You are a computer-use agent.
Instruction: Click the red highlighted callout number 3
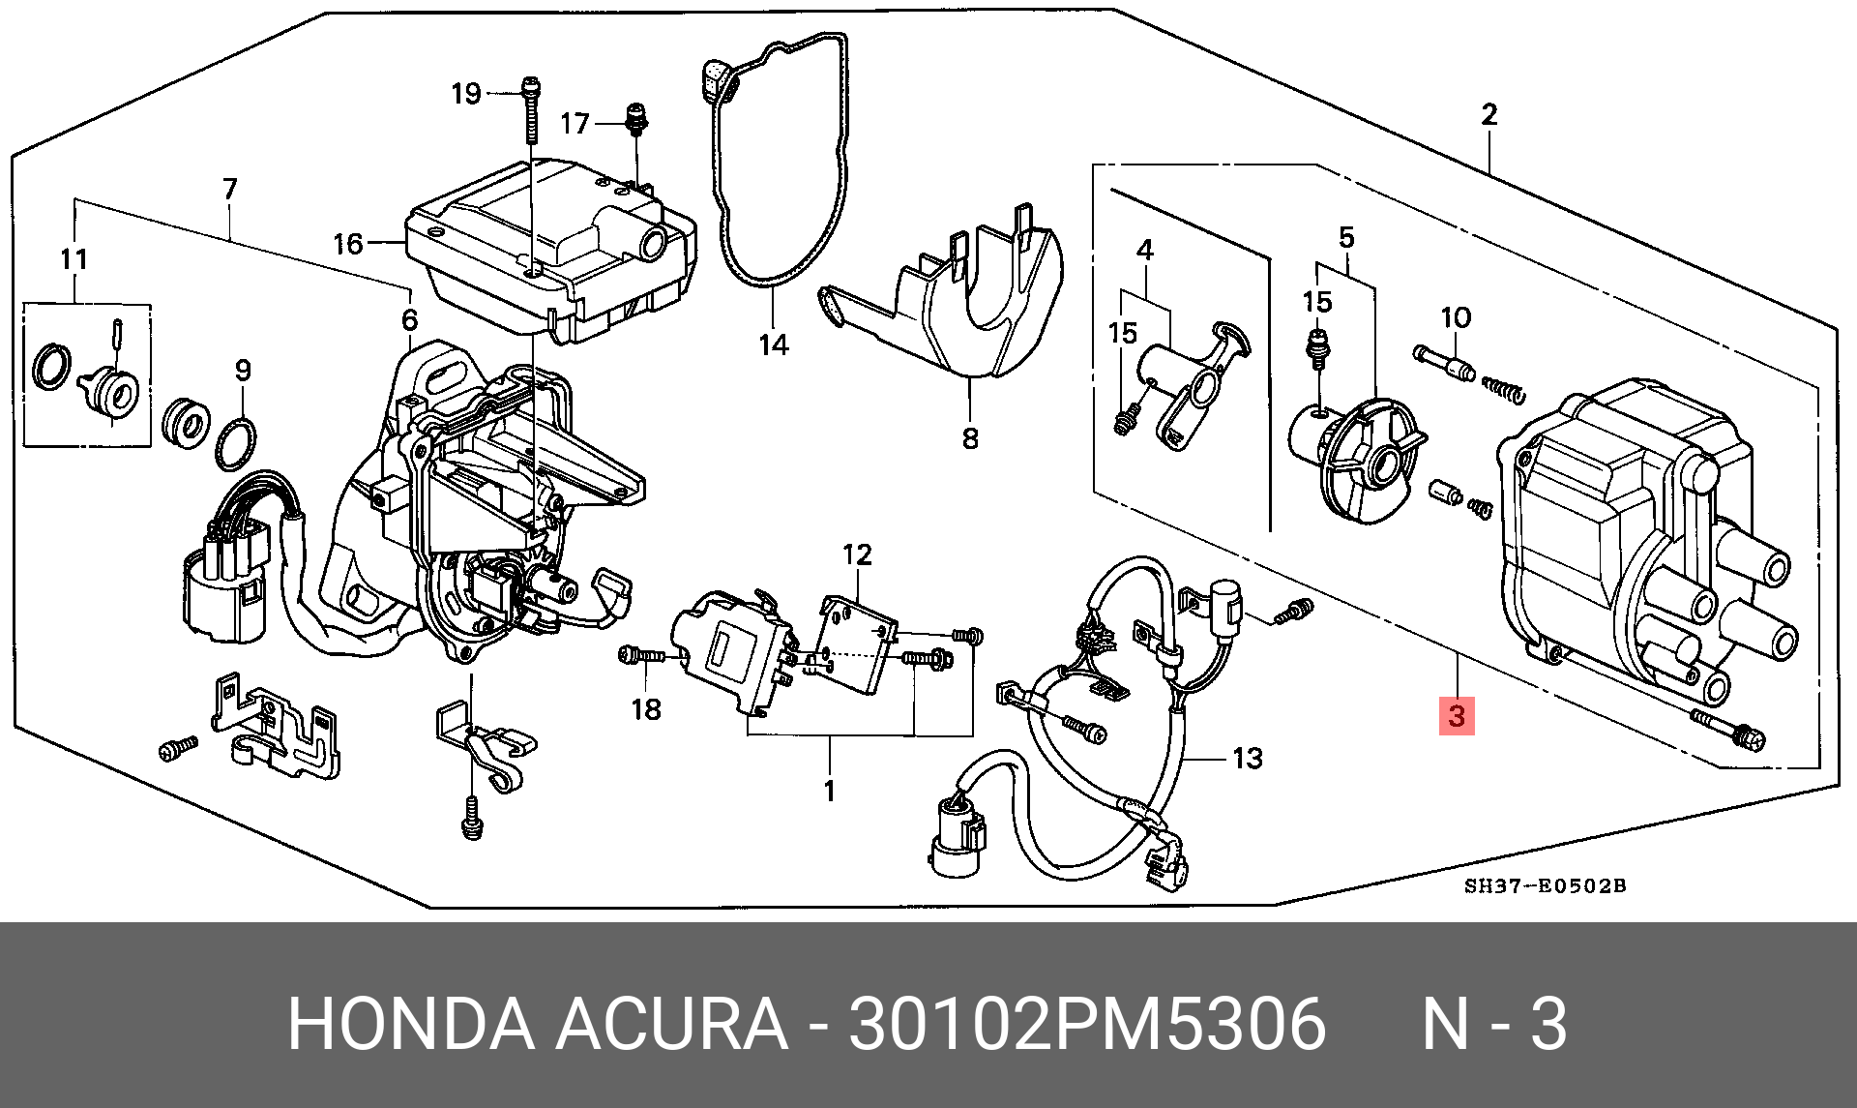click(x=1457, y=717)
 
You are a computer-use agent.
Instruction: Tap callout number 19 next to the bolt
click(x=466, y=94)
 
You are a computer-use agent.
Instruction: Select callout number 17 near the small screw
click(x=575, y=124)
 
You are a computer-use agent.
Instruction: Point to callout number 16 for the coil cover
click(x=347, y=243)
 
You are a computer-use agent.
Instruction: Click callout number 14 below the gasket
click(x=774, y=344)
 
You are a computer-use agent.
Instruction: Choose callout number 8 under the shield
click(x=970, y=438)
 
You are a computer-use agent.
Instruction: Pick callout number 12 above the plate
click(x=857, y=554)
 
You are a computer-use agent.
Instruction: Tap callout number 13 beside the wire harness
click(x=1248, y=758)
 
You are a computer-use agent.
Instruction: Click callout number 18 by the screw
click(x=646, y=709)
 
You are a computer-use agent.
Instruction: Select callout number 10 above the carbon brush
click(x=1455, y=317)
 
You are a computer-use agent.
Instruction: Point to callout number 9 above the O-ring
click(x=242, y=370)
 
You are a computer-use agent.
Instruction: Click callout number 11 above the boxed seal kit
click(x=74, y=259)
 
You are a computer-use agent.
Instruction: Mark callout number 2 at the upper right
click(x=1489, y=115)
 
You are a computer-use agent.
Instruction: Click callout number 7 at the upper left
click(x=229, y=189)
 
